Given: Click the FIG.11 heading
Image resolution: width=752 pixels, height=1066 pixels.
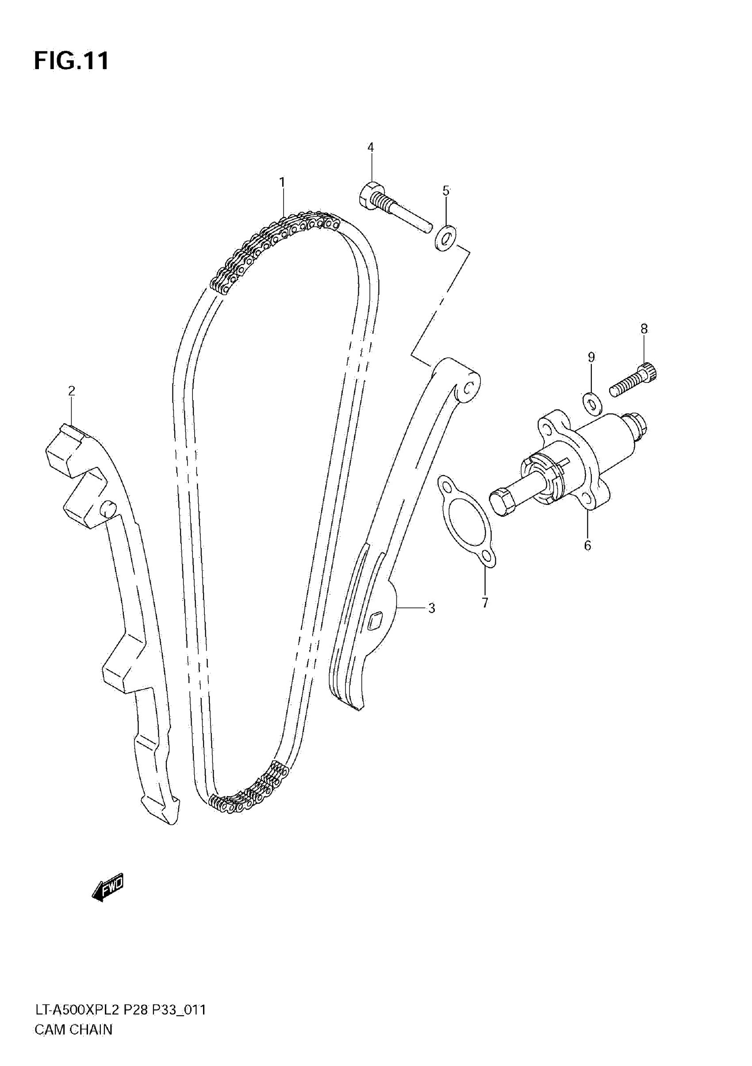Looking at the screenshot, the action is pyautogui.click(x=72, y=61).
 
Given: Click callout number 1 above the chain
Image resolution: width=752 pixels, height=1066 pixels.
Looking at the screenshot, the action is pyautogui.click(x=282, y=182).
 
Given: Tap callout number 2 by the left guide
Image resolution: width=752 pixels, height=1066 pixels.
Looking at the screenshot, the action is pyautogui.click(x=72, y=391).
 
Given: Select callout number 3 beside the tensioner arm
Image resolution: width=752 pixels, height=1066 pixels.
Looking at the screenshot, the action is pyautogui.click(x=431, y=608).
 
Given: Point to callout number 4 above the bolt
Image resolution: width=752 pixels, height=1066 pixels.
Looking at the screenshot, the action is pyautogui.click(x=370, y=148).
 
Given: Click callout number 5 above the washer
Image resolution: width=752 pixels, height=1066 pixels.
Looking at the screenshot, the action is pyautogui.click(x=446, y=191).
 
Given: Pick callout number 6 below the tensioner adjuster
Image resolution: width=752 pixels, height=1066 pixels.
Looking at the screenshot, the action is pyautogui.click(x=587, y=545).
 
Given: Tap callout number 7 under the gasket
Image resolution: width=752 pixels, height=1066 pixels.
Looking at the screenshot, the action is pyautogui.click(x=485, y=603).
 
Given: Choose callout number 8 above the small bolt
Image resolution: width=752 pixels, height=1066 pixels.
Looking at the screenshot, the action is pyautogui.click(x=644, y=329).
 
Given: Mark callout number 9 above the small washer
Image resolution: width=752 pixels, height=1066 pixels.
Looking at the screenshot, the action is pyautogui.click(x=591, y=357).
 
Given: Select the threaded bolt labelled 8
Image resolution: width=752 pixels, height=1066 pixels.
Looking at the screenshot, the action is pyautogui.click(x=633, y=380).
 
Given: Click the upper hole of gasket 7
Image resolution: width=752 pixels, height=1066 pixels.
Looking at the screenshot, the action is pyautogui.click(x=447, y=488).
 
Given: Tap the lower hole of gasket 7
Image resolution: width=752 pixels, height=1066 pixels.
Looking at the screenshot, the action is pyautogui.click(x=487, y=556).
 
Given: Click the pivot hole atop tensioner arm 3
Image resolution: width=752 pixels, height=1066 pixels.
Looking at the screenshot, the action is pyautogui.click(x=469, y=387).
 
